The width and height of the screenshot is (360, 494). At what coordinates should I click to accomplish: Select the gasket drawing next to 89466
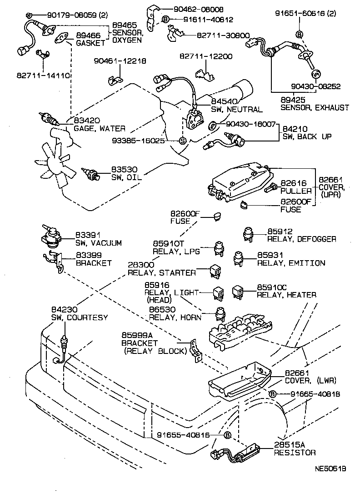click(61, 38)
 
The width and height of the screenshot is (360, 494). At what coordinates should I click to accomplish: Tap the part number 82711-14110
click(43, 76)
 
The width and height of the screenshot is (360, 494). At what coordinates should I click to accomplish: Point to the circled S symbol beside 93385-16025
click(183, 141)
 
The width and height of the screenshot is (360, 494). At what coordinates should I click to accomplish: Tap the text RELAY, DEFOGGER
click(301, 239)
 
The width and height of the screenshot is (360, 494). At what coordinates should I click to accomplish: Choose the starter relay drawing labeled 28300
click(215, 272)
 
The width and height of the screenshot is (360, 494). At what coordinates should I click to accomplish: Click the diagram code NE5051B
click(330, 469)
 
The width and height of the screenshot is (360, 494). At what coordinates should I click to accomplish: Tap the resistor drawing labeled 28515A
click(236, 453)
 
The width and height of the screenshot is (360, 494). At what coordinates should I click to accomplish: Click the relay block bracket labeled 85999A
click(196, 351)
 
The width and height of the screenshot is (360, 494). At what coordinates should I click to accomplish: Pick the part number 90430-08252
click(315, 86)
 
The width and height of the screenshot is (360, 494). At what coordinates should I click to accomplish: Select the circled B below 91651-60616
click(299, 34)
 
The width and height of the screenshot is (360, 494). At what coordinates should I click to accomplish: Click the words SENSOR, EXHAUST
click(315, 108)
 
